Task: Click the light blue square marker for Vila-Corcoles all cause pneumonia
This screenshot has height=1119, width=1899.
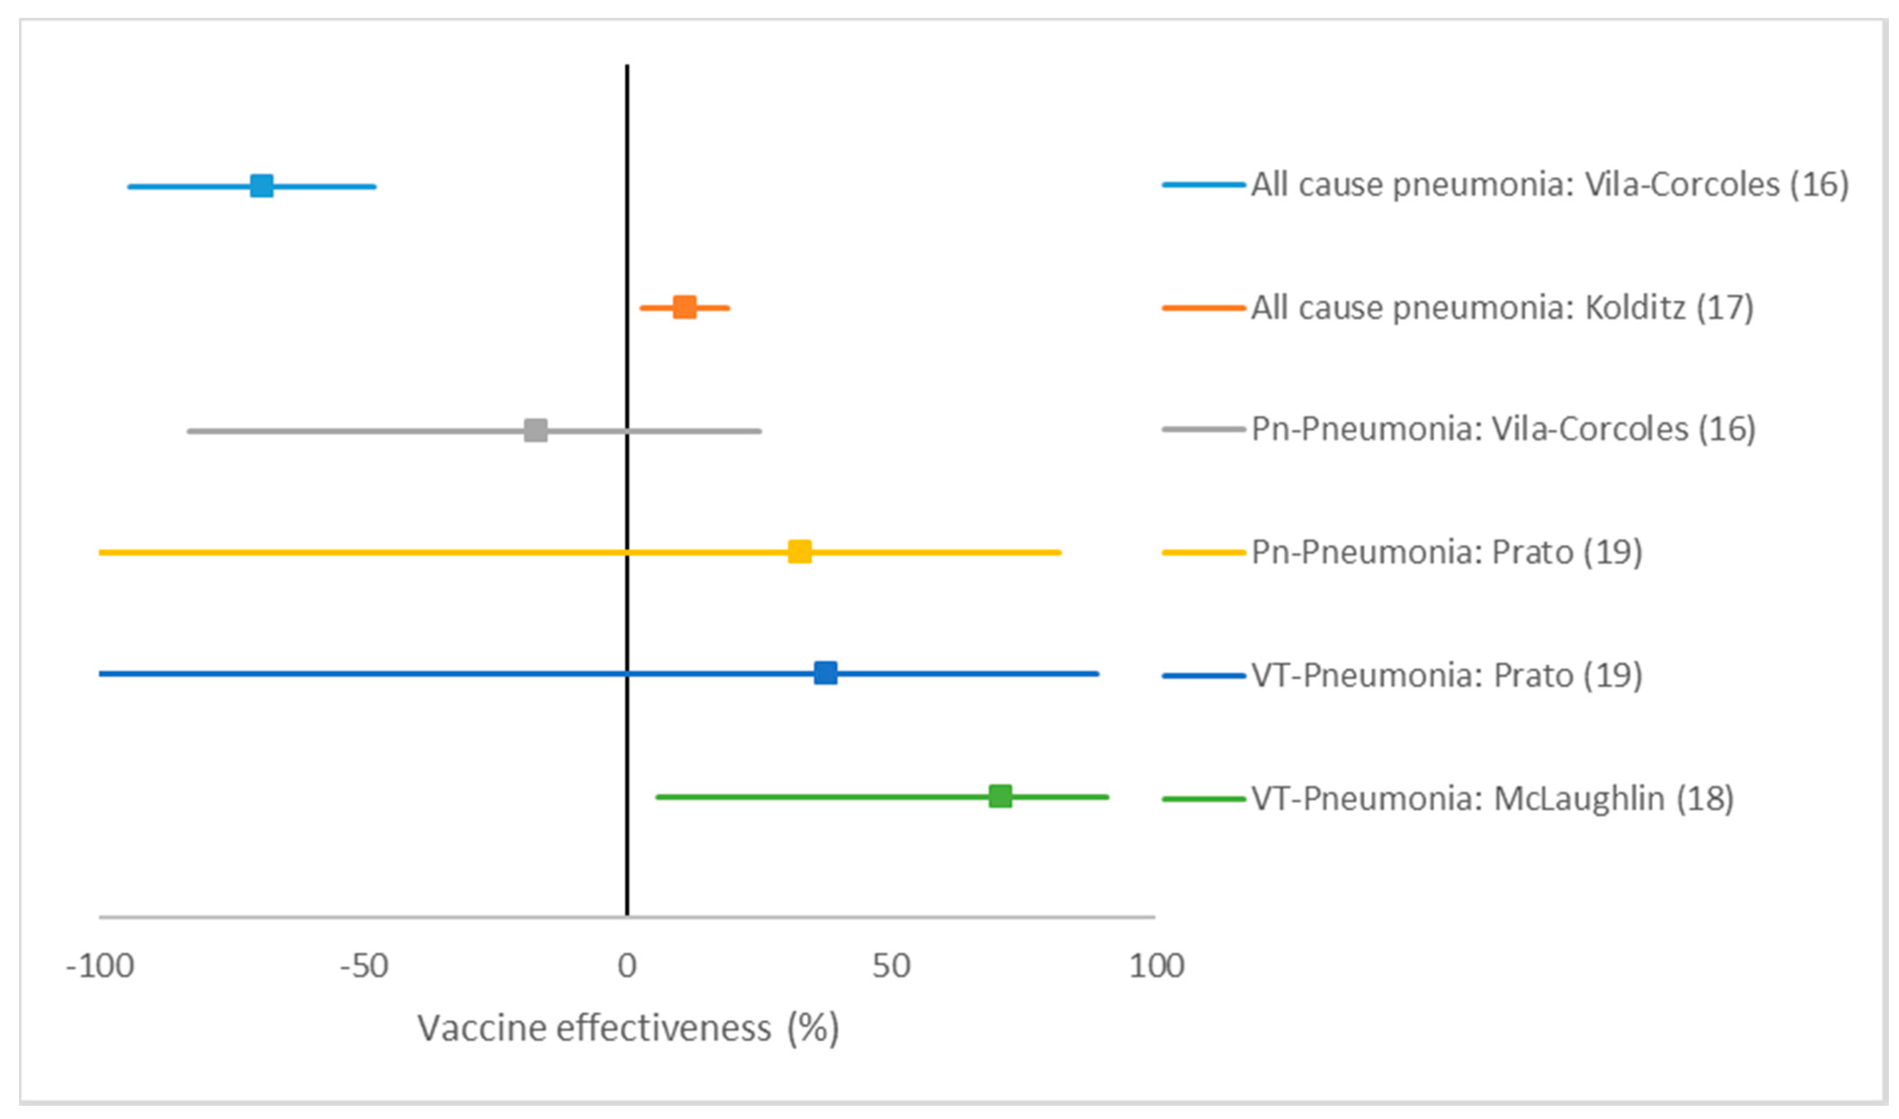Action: click(262, 186)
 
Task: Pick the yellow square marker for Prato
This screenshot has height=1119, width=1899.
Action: click(800, 552)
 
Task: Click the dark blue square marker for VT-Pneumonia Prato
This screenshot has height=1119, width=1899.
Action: click(826, 673)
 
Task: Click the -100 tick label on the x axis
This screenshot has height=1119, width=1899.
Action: click(100, 966)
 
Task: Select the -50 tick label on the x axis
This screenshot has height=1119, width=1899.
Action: click(364, 966)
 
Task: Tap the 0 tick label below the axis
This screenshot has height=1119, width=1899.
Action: click(627, 966)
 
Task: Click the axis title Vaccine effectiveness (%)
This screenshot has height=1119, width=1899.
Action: click(628, 1029)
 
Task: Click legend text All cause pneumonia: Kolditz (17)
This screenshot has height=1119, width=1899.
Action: click(1502, 308)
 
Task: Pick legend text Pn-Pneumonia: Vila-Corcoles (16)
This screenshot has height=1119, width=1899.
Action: click(1503, 429)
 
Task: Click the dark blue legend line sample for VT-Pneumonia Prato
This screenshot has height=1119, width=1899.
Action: click(1204, 676)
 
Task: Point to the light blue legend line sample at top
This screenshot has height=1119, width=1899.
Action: click(1204, 185)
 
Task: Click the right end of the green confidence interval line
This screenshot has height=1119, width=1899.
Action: click(1106, 797)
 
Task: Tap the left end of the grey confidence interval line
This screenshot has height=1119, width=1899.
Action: click(190, 431)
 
